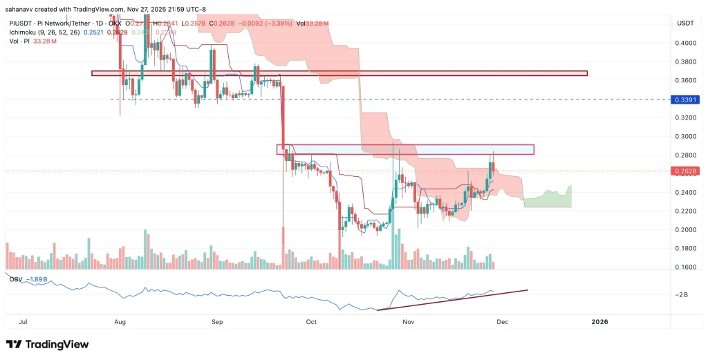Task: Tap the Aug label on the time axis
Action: pos(120,322)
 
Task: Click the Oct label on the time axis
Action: pos(311,322)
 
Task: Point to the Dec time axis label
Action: pos(503,322)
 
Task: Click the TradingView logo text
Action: pos(55,344)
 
